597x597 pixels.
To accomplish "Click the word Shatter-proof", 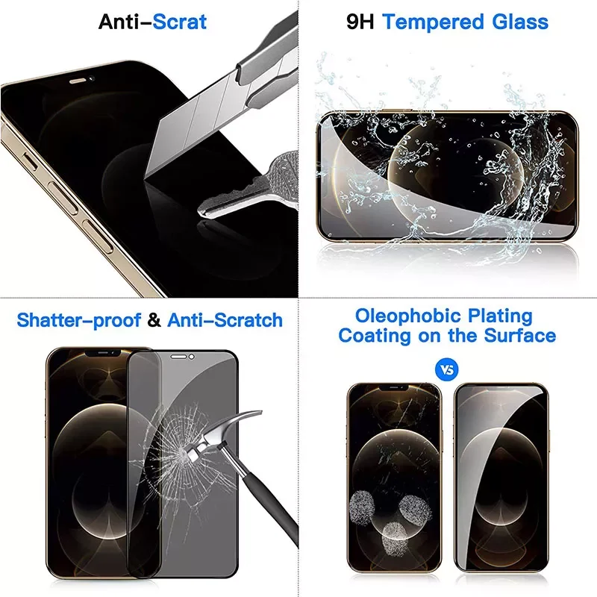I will (79, 320).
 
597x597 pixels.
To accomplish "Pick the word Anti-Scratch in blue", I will (225, 320).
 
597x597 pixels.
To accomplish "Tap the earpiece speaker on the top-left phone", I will (80, 76).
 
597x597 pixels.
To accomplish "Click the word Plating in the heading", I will (497, 316).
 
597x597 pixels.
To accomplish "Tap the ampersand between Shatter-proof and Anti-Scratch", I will (154, 320).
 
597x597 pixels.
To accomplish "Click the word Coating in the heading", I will (374, 335).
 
